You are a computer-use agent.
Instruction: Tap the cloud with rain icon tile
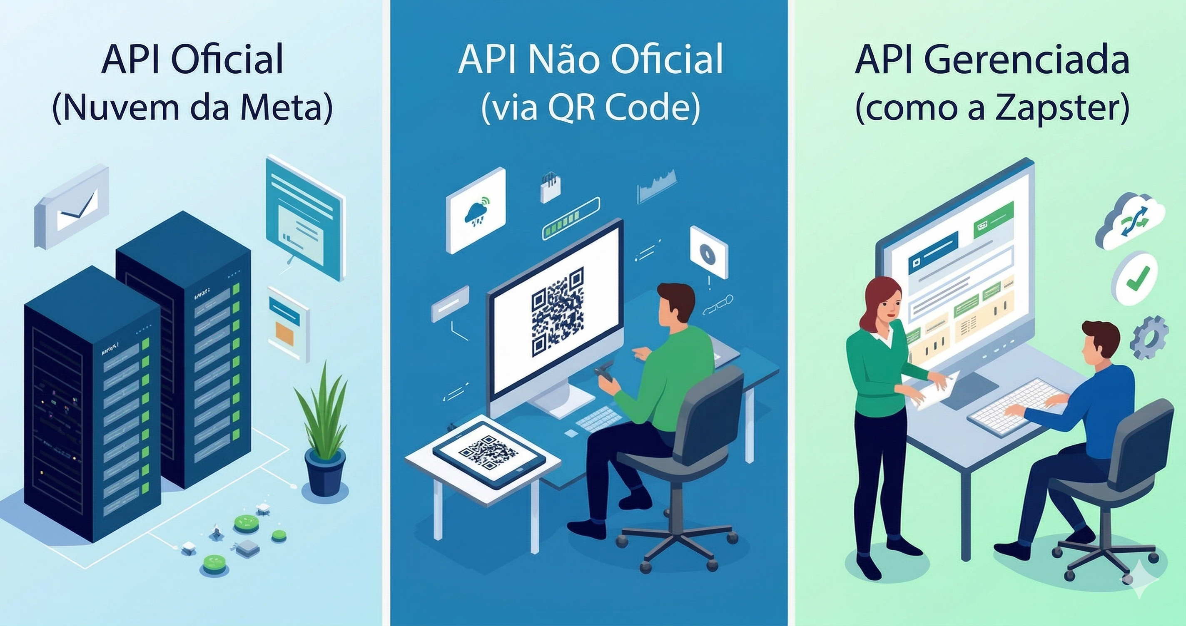(476, 211)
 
